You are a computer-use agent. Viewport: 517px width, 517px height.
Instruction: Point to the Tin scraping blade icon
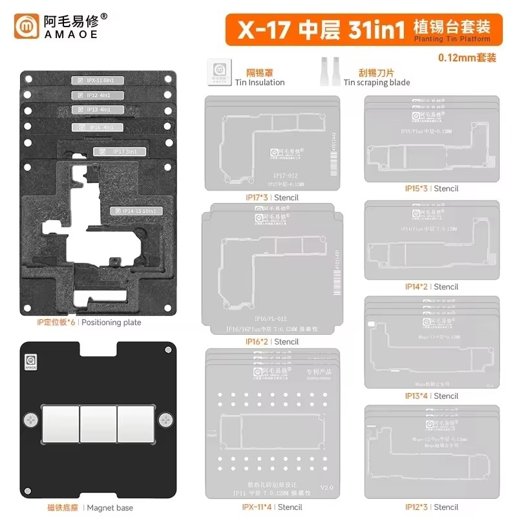coord(328,69)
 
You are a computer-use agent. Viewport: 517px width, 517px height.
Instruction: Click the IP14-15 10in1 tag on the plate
coord(135,211)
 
